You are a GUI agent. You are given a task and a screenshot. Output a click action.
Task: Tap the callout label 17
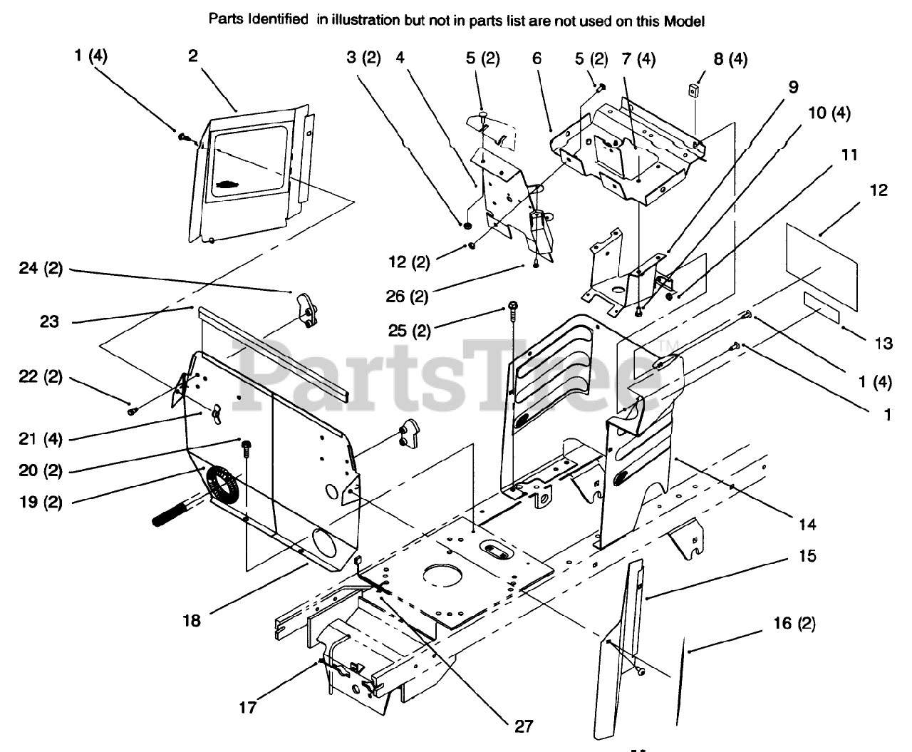pos(248,708)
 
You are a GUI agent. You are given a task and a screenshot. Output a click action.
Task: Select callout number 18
pos(191,620)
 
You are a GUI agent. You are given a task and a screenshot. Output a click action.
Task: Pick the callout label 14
pos(807,525)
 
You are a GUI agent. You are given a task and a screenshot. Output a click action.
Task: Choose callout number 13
pos(883,344)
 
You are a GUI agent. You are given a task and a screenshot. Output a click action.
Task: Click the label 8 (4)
pos(730,59)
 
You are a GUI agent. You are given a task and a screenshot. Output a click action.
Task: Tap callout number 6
pos(537,58)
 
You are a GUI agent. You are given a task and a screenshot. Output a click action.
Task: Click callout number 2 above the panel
pos(193,56)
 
